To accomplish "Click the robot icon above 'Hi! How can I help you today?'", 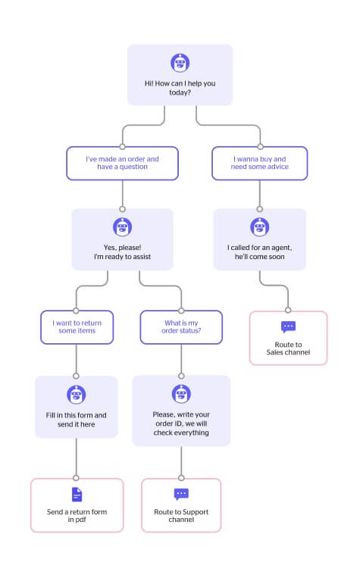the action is [180, 63].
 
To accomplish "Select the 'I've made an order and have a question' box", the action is [122, 163].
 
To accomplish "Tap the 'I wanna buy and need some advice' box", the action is [260, 163].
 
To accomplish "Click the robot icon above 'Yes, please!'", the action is [122, 227].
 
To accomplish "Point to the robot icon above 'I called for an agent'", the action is [260, 227].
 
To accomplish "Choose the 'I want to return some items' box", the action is [77, 327].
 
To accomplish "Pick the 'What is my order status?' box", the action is [181, 327].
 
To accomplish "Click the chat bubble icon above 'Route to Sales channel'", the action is [289, 327].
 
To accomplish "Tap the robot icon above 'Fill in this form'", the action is [77, 395].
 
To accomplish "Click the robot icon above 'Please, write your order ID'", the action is [181, 394].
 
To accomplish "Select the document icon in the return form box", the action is [77, 495].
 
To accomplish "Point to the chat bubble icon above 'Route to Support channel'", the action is [181, 494].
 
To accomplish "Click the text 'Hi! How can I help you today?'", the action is [180, 88].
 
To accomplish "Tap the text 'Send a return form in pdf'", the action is [77, 515].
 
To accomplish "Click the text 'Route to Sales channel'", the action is [289, 349].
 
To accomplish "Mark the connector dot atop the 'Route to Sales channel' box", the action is [288, 310].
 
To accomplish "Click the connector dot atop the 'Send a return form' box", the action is [76, 478].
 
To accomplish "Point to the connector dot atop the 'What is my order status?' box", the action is [181, 311].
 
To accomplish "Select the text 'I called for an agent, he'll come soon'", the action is [260, 252].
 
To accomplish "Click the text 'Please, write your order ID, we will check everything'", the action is [181, 424].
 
